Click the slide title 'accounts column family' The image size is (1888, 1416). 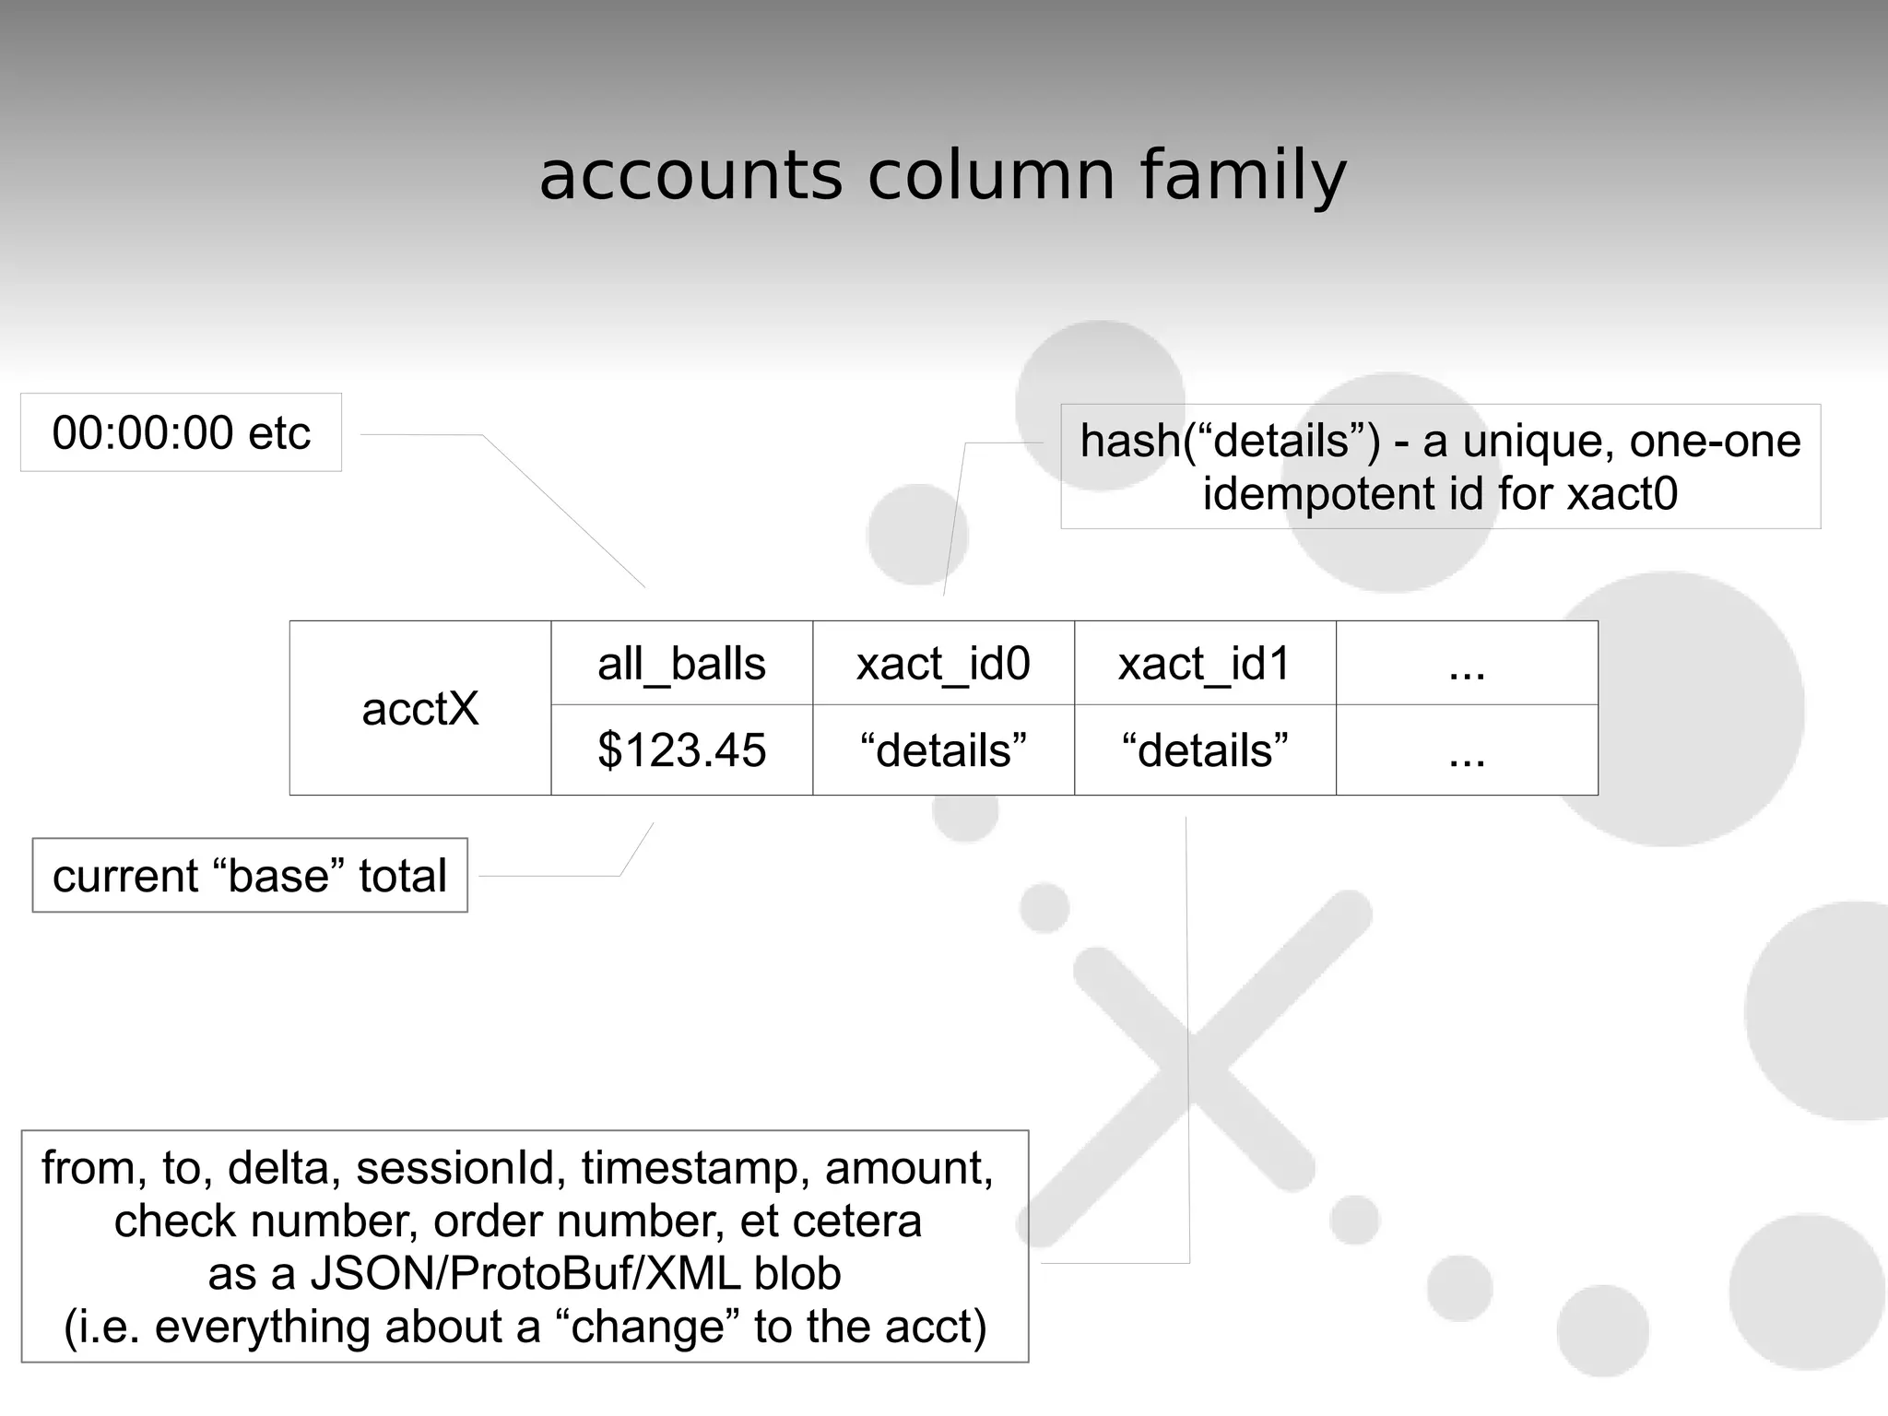pos(942,175)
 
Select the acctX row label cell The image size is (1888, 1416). pos(420,708)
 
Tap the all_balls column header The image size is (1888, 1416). pos(681,664)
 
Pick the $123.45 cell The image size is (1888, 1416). pos(681,749)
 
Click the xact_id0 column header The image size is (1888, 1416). pos(943,664)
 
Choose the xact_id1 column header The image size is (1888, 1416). pos(1204,664)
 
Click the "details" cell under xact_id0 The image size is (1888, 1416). pos(943,749)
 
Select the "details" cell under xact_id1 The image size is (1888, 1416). pos(1204,749)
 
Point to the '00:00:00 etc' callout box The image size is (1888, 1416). pos(181,432)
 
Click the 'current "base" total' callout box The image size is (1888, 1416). pos(250,875)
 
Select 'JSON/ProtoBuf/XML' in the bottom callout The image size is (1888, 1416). pos(525,1274)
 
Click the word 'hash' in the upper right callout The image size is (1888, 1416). pos(1130,441)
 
